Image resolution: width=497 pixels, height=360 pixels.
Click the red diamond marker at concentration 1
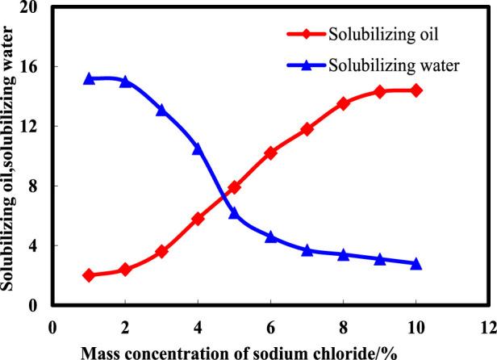[x=89, y=275]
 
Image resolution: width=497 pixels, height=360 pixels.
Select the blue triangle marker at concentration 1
[x=89, y=79]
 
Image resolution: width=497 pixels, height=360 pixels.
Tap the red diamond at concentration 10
[x=416, y=90]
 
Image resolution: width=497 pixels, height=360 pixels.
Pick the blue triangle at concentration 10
[x=416, y=263]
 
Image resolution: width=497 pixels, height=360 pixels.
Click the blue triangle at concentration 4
[x=198, y=149]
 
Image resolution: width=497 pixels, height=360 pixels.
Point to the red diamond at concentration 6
[x=271, y=153]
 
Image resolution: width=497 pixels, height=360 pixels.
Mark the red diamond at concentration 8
[x=344, y=103]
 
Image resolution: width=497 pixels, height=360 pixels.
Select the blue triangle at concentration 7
[x=307, y=250]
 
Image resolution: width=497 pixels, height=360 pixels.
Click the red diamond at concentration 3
[x=161, y=252]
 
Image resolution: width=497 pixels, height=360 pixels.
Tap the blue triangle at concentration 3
[x=161, y=110]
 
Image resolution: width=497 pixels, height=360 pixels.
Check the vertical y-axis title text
[x=9, y=153]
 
